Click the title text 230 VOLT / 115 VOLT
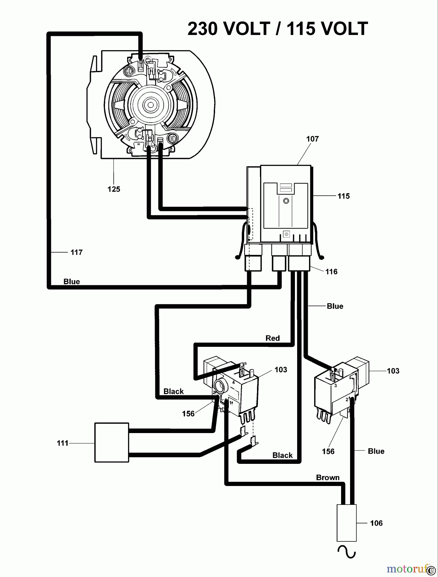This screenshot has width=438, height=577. coord(278,29)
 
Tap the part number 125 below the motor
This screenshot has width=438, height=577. coord(114,189)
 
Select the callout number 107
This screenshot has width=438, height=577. coord(312,139)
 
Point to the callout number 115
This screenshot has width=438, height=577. coord(343,196)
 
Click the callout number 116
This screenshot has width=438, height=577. coord(331,272)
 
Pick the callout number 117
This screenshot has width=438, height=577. coord(76,253)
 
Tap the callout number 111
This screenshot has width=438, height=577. coord(63,443)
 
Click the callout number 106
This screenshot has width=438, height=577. coord(376,523)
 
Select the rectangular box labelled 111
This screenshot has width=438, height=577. coord(112,442)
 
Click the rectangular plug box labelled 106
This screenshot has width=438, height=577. coord(347,523)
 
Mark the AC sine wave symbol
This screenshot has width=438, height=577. coord(347,552)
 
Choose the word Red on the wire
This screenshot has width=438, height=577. coord(272,338)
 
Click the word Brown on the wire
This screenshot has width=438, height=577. coord(328,478)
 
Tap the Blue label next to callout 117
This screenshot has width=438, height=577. coord(72,282)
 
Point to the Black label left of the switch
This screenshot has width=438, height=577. coord(173,391)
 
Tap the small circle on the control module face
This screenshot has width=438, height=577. coord(286,201)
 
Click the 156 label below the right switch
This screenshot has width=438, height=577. coord(328,451)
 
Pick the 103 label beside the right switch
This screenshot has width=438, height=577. coord(393,371)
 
